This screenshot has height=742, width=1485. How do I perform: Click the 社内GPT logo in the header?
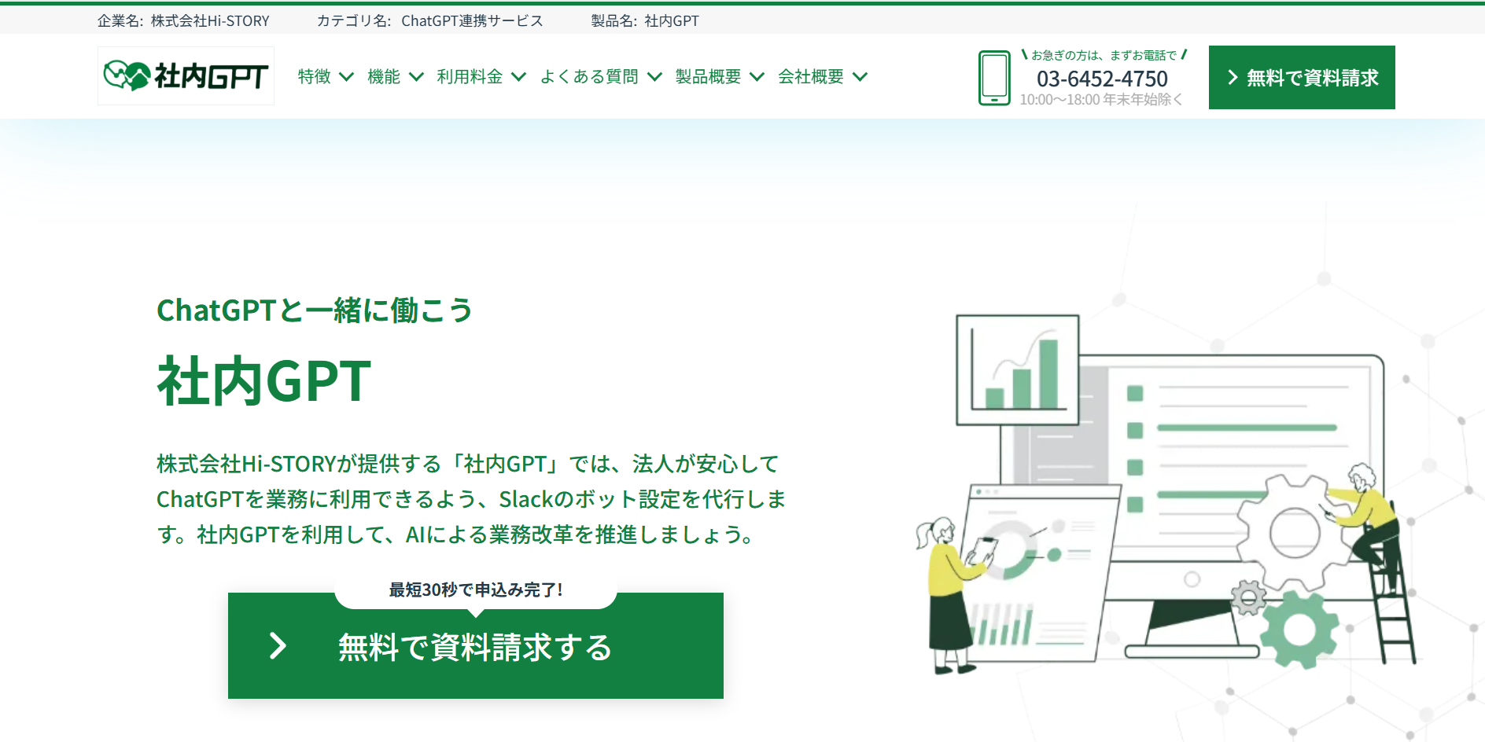[186, 75]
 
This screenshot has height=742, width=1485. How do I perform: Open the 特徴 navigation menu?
[325, 76]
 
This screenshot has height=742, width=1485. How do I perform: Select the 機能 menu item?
[395, 76]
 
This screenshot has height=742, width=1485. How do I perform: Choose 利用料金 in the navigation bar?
[481, 76]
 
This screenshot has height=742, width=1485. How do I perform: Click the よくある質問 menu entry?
[600, 76]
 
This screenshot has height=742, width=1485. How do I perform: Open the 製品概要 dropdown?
[719, 76]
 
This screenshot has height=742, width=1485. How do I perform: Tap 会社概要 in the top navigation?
[822, 76]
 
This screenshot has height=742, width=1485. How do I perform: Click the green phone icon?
[994, 78]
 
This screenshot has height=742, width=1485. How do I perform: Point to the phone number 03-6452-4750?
[1102, 79]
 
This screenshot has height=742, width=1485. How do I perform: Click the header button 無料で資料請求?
[1302, 77]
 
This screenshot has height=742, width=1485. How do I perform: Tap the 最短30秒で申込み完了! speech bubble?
[476, 590]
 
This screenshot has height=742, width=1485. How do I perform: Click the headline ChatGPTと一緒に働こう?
[315, 310]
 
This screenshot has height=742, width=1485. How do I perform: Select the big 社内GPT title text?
[264, 381]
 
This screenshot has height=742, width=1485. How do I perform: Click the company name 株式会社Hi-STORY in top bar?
[210, 21]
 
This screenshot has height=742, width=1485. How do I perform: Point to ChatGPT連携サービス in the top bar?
[472, 21]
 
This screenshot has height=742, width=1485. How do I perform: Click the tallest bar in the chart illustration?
[1048, 373]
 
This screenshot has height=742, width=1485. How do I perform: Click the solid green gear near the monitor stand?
[1299, 630]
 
